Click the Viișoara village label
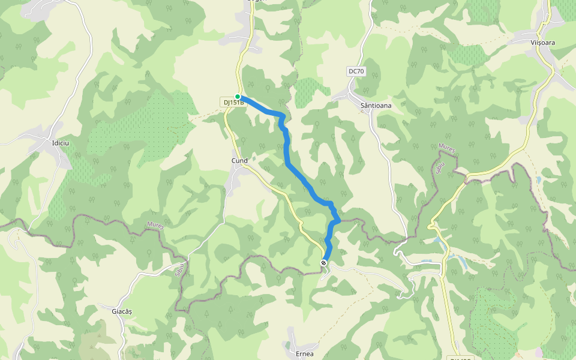(543, 43)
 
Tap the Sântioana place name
(376, 106)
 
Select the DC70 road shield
(356, 71)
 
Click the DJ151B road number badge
(234, 103)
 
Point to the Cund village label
(239, 161)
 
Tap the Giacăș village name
(122, 311)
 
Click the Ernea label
(305, 354)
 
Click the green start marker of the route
(238, 97)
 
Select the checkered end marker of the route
(324, 263)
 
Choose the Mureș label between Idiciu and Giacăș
(155, 226)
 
